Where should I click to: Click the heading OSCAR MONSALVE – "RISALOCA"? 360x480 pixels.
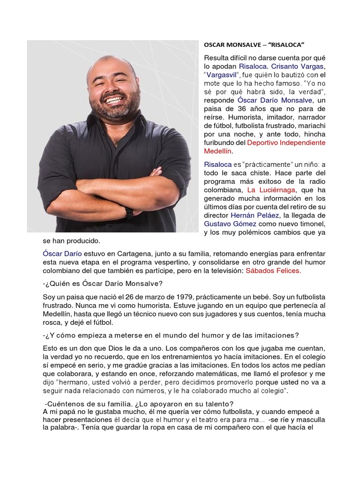click(x=254, y=45)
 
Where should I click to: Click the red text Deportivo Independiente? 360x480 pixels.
click(x=286, y=142)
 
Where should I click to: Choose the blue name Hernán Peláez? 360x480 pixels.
click(x=255, y=215)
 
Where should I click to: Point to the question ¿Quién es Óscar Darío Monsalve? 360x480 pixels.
click(x=103, y=284)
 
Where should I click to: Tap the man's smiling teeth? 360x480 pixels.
click(x=114, y=100)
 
